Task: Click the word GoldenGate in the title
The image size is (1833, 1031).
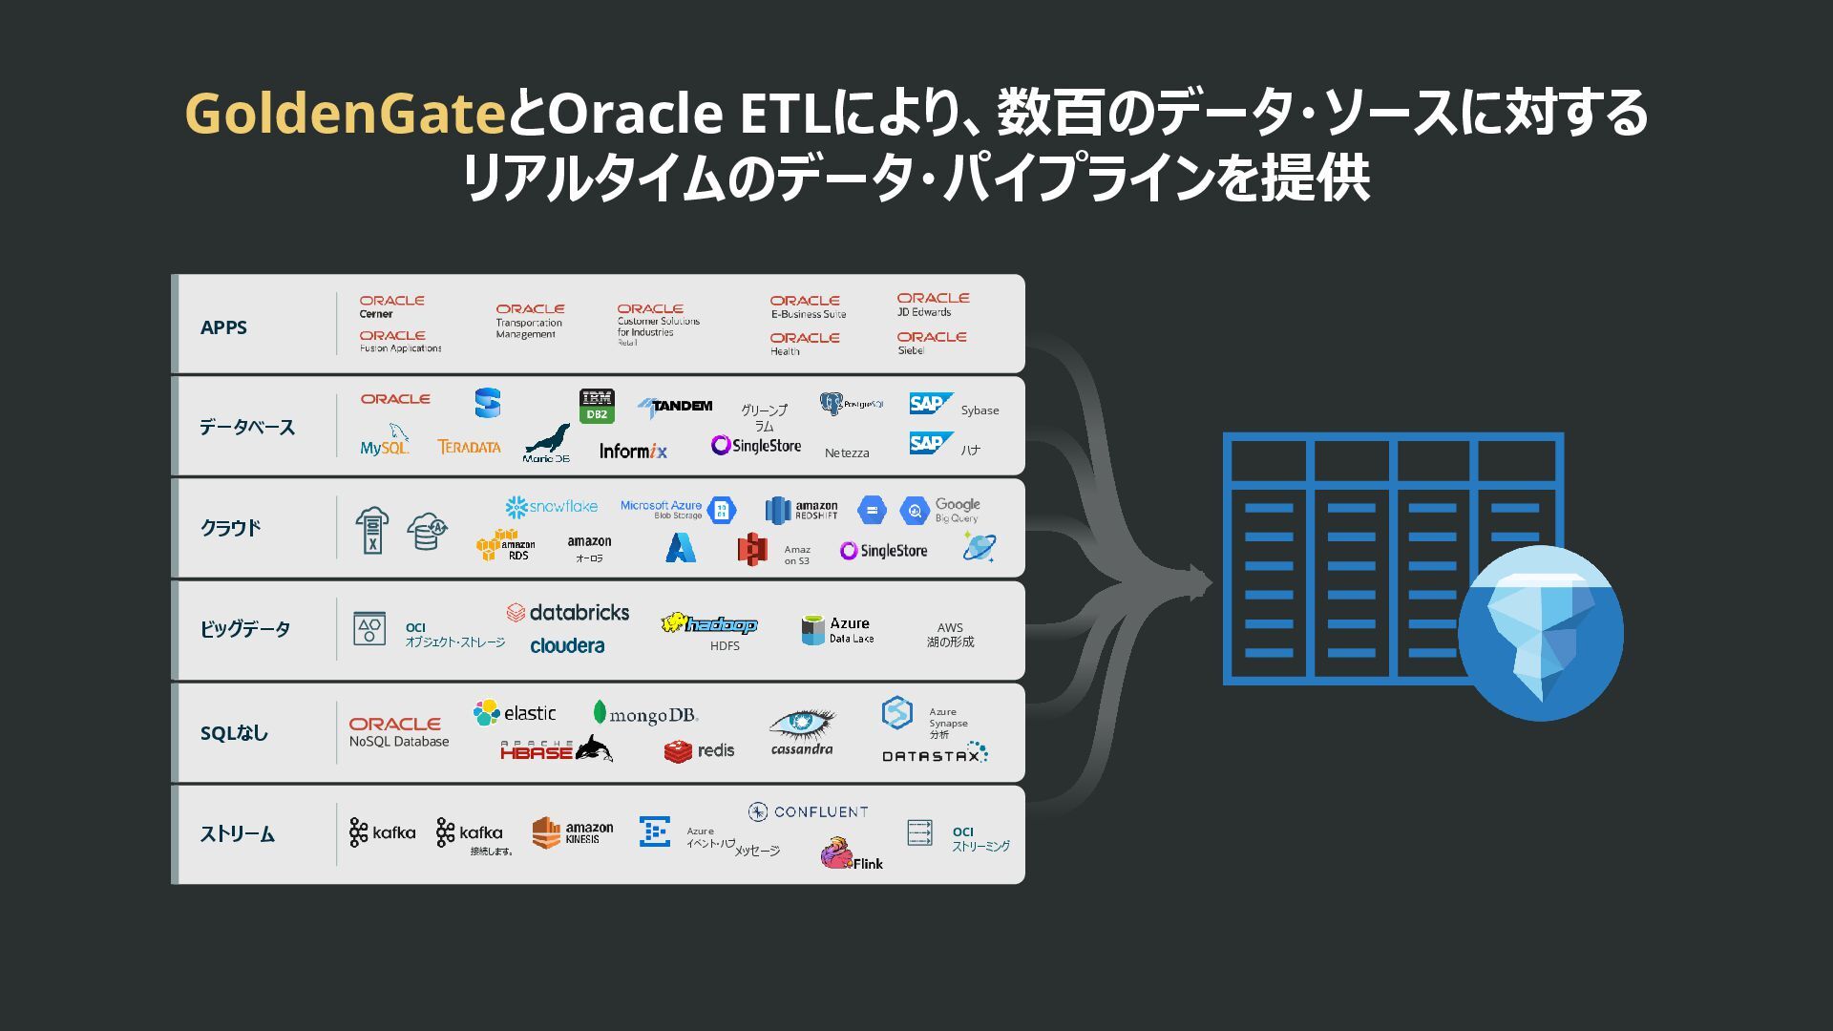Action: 345,114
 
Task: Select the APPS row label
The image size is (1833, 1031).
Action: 223,327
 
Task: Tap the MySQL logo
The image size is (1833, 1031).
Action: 385,442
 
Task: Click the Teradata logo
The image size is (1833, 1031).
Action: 469,447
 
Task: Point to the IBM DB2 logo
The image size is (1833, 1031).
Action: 597,406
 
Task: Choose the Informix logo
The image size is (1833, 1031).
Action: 633,451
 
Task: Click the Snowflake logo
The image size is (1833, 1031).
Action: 551,506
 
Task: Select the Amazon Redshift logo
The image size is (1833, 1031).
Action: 802,511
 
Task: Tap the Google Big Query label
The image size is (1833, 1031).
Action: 957,510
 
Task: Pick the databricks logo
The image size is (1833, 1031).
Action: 568,613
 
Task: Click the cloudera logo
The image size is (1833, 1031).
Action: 567,646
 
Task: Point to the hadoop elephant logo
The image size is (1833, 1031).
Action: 708,624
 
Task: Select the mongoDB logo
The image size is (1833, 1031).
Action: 645,714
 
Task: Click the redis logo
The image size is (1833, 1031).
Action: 699,751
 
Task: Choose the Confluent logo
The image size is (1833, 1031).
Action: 808,811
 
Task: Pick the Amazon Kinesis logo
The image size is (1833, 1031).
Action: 573,832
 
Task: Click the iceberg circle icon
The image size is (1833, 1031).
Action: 1540,633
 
